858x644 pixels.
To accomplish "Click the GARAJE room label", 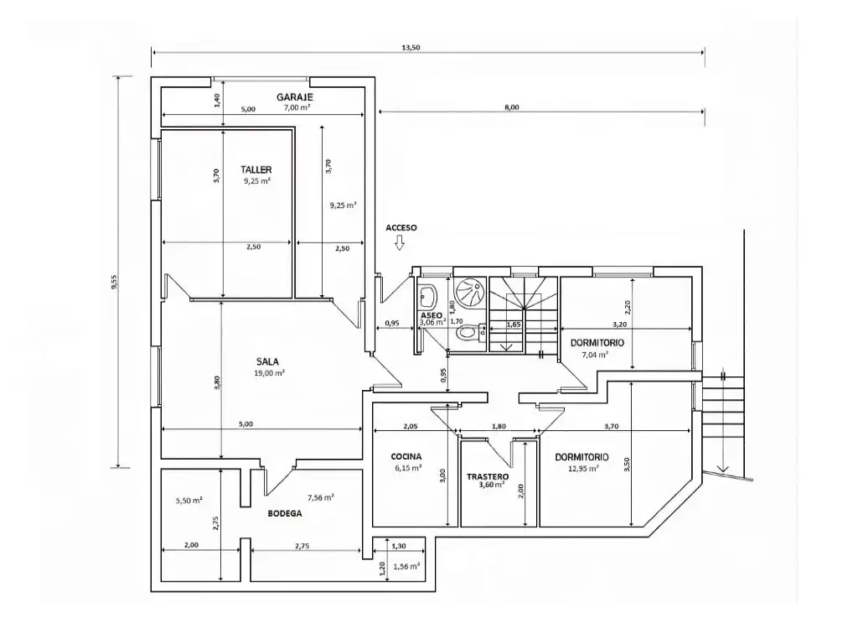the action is [x=294, y=97].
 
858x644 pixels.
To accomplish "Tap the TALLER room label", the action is [x=256, y=170].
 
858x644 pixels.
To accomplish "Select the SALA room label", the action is [x=267, y=362].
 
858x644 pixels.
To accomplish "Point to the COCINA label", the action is [x=406, y=457].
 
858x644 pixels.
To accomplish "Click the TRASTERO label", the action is [x=488, y=477].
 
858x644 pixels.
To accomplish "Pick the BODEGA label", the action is [x=285, y=514].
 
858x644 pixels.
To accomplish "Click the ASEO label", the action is [x=432, y=316].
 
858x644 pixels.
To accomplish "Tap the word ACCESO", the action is [x=401, y=228].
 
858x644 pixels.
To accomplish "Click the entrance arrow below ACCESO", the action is [x=400, y=243].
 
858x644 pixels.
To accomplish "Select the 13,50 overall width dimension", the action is [x=411, y=48].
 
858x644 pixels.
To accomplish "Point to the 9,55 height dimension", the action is [x=114, y=282].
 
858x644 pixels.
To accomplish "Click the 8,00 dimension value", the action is [x=512, y=107].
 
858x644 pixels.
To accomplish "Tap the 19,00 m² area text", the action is [x=269, y=373].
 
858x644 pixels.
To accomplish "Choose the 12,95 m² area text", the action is [x=583, y=468].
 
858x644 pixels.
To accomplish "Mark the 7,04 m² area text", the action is [x=596, y=355].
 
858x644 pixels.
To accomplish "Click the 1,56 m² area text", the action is [x=406, y=566].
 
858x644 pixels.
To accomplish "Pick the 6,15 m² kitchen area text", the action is [x=408, y=468].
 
